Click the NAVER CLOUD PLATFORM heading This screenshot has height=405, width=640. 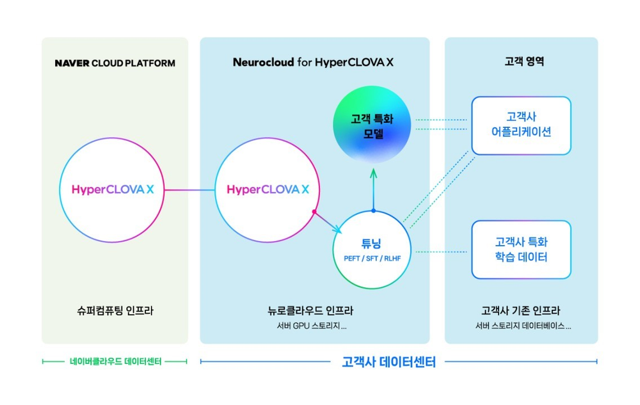(115, 63)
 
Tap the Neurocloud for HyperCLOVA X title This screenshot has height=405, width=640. (314, 63)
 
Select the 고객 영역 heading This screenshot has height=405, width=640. (520, 63)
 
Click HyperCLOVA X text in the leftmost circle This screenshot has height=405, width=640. (113, 189)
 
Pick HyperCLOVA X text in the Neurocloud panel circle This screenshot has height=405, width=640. (268, 189)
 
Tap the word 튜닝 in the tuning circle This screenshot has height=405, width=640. (371, 244)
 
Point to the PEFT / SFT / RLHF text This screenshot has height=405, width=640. (371, 258)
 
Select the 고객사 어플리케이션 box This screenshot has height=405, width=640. (521, 125)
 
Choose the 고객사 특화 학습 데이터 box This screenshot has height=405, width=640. (521, 250)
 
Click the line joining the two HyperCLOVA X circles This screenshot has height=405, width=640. (190, 189)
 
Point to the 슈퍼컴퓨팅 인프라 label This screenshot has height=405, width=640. (115, 311)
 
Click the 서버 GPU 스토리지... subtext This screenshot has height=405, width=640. (307, 326)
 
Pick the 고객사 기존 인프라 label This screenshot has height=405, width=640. (521, 311)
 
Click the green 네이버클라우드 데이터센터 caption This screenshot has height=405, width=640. (115, 361)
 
